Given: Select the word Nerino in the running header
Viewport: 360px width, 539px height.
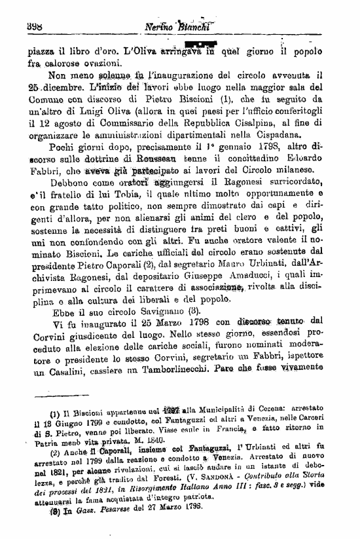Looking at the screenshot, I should tap(163, 28).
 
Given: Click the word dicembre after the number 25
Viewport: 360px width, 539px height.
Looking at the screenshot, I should tap(60, 87).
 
